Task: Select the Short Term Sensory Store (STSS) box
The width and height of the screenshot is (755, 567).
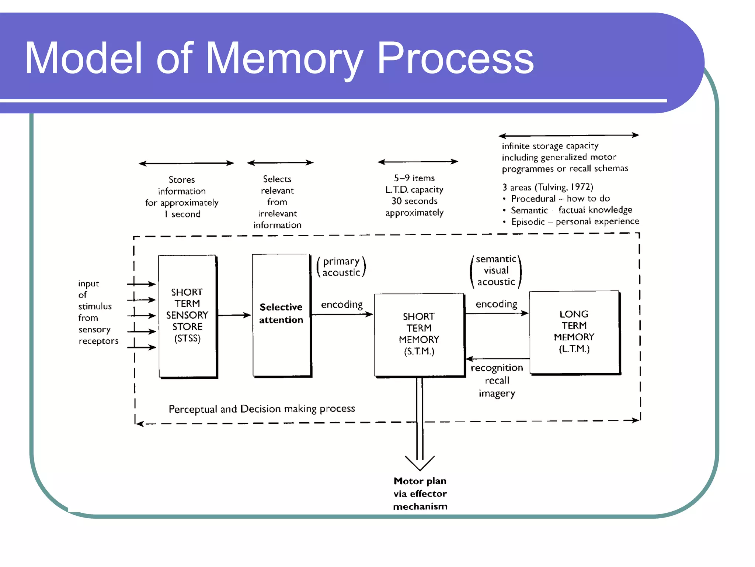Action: [x=187, y=316]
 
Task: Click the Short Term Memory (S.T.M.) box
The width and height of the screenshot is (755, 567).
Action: [x=419, y=334]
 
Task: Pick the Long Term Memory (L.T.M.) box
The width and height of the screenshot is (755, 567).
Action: [x=574, y=332]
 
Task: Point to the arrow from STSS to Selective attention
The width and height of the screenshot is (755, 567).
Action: [x=234, y=315]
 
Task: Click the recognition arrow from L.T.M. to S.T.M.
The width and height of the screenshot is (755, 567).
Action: [x=498, y=358]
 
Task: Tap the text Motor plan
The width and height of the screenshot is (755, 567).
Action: [x=420, y=481]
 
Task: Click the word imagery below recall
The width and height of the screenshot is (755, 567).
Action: [x=497, y=394]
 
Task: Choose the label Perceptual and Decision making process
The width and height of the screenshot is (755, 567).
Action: [x=262, y=409]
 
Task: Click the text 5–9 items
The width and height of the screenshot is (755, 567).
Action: [x=414, y=178]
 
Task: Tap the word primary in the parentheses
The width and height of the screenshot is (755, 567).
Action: [x=341, y=261]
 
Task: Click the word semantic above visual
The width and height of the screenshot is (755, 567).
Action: [x=496, y=259]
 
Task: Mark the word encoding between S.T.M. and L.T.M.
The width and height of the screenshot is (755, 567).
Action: [x=496, y=304]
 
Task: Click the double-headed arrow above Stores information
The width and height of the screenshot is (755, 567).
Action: [x=186, y=163]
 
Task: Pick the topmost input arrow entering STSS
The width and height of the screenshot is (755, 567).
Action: [x=141, y=284]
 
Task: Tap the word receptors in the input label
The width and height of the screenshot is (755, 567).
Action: [x=98, y=341]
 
